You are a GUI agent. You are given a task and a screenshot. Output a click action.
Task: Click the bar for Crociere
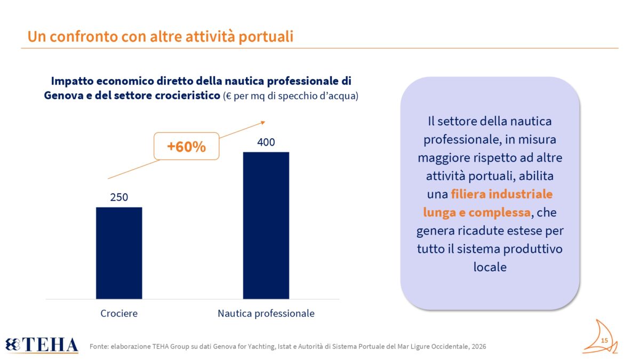119,253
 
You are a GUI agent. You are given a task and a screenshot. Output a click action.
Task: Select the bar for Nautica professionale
266,226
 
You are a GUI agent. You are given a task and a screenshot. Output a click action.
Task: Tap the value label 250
119,197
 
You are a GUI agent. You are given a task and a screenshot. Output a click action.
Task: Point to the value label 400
266,142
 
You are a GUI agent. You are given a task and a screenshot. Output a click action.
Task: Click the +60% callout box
186,146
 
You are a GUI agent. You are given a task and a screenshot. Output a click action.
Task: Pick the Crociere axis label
119,314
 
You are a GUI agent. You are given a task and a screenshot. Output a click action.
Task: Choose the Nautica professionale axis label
266,314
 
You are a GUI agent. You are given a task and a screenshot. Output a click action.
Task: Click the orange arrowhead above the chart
263,123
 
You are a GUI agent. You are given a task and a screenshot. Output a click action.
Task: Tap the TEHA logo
42,345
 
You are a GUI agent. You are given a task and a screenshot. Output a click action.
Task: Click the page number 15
604,341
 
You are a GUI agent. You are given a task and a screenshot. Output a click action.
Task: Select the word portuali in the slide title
266,37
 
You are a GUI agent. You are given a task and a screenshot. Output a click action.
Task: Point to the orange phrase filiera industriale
502,194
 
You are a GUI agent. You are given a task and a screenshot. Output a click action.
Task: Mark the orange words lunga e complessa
477,212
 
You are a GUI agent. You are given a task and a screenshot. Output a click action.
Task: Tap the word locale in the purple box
490,267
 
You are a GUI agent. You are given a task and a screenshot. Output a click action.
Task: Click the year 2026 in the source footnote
478,346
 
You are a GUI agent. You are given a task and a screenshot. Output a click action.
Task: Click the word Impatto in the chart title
73,81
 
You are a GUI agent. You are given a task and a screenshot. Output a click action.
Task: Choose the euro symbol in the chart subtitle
228,96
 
